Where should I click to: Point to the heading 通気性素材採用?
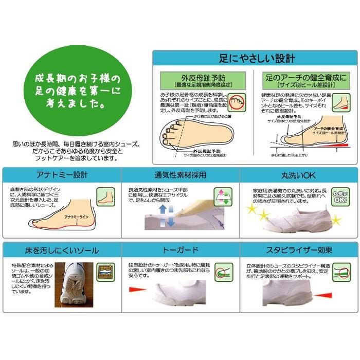coord(179,175)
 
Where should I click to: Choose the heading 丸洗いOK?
coord(299,175)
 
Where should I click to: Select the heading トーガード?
coord(179,251)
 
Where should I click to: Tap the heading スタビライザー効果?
coord(299,251)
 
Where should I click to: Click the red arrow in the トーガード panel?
coord(140,292)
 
